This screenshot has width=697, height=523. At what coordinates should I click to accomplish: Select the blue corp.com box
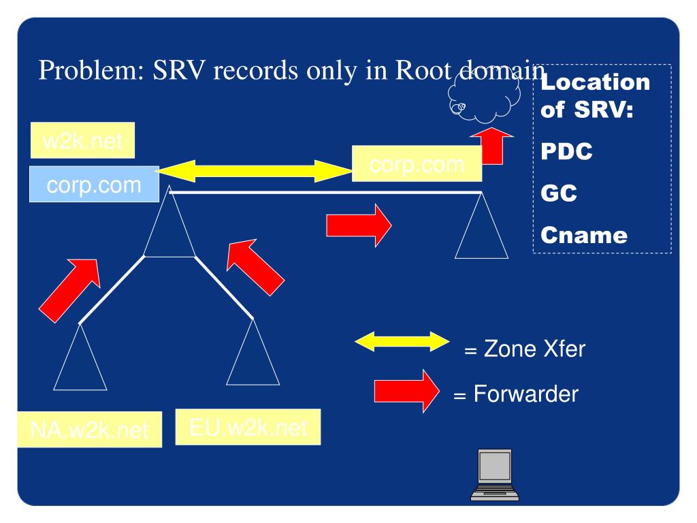[93, 184]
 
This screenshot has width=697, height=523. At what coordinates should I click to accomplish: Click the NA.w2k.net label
[90, 429]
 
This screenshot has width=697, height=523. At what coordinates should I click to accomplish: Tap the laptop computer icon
[490, 475]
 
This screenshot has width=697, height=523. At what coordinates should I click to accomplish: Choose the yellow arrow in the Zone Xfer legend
[402, 342]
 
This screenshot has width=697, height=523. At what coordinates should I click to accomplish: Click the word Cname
[583, 236]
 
